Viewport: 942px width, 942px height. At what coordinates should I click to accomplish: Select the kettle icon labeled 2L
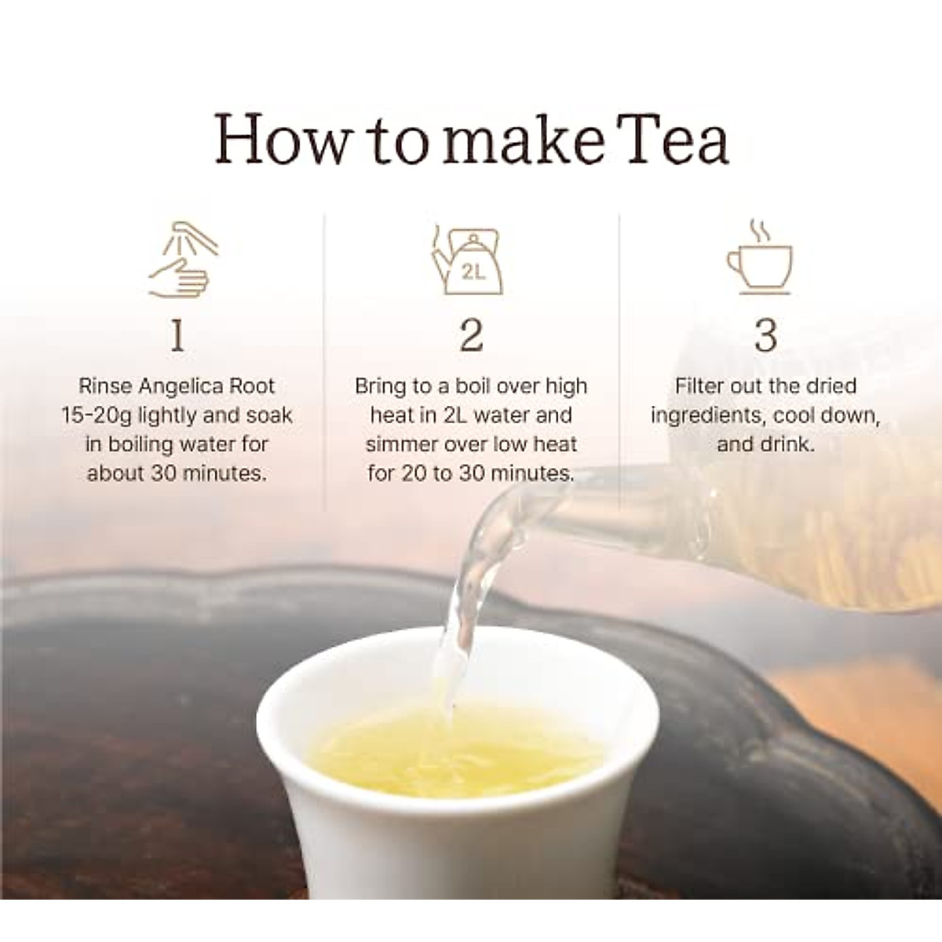click(x=468, y=260)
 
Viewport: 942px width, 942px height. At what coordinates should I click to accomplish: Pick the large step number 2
click(x=471, y=336)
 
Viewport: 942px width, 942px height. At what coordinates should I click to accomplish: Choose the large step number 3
click(x=765, y=336)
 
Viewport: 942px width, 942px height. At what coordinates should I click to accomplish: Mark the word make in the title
click(x=524, y=139)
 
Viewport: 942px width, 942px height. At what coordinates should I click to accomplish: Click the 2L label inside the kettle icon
click(x=473, y=273)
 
